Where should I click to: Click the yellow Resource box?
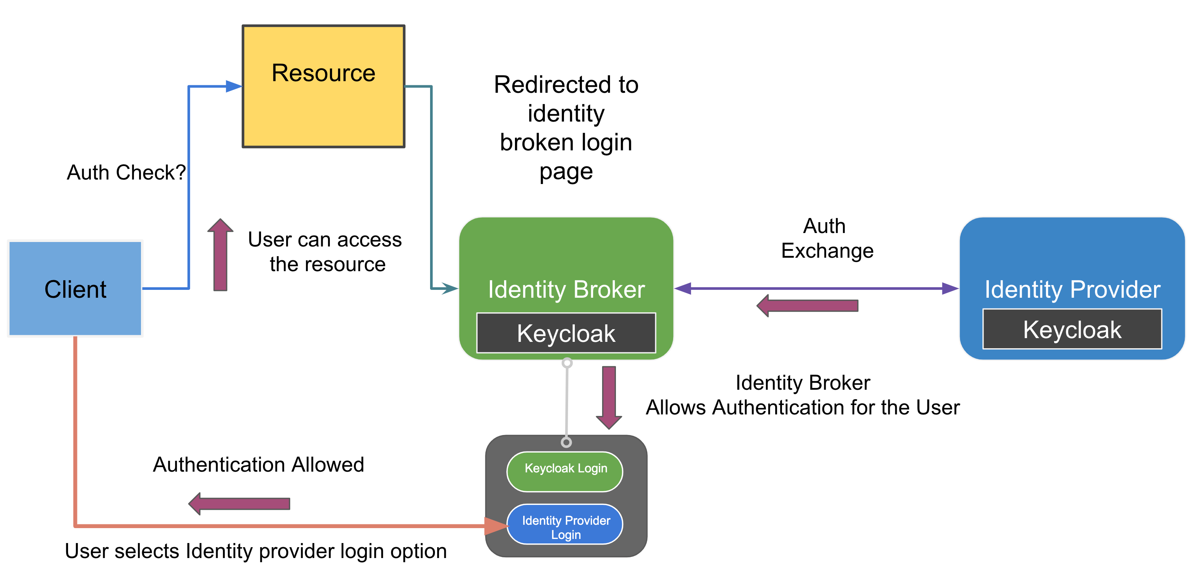323,86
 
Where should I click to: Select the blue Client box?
75,289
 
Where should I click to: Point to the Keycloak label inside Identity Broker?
566,333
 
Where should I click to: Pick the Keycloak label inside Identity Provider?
1072,330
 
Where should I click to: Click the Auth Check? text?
126,172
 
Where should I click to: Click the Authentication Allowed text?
258,465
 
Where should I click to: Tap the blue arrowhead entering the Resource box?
234,86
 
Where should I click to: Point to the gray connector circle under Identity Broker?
567,363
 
